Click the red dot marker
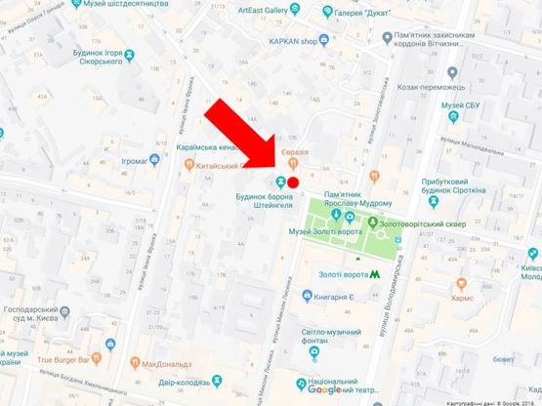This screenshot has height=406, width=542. pyautogui.click(x=293, y=181)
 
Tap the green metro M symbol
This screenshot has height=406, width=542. pyautogui.click(x=362, y=261)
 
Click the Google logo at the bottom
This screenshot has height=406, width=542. pyautogui.click(x=324, y=388)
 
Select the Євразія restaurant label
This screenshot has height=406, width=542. pyautogui.click(x=298, y=152)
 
